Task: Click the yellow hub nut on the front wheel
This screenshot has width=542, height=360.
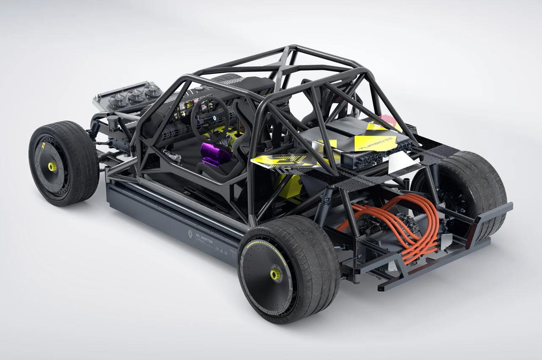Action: click(x=52, y=166)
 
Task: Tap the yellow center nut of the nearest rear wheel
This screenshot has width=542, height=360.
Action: click(x=276, y=274)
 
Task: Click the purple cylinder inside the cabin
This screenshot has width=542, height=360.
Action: click(x=215, y=153)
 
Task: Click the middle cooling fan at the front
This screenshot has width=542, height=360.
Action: click(x=136, y=97)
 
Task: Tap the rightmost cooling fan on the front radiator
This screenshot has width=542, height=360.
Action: click(x=153, y=91)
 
